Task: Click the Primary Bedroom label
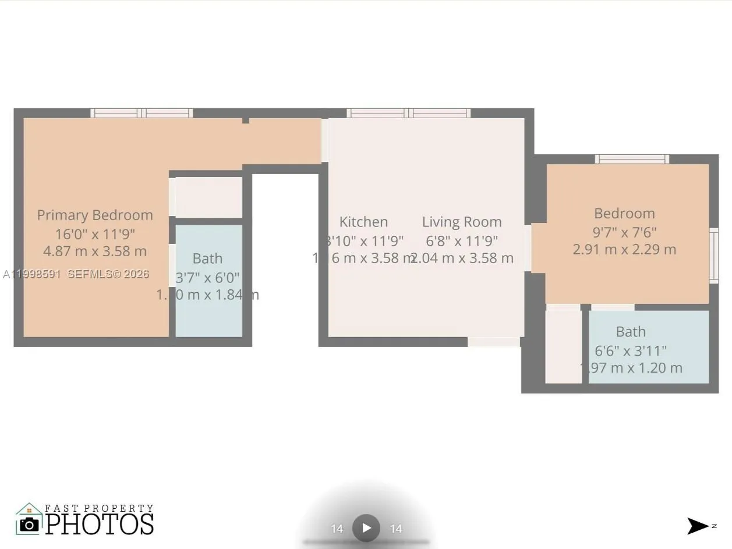(95, 215)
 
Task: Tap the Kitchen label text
(363, 222)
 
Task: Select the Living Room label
(462, 222)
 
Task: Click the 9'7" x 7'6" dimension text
(624, 232)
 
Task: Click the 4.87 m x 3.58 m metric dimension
(94, 252)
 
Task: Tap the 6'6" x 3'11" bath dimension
(631, 350)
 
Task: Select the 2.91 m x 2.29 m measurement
(624, 249)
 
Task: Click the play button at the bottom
(366, 528)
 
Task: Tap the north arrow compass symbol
(698, 526)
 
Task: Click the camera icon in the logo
(29, 523)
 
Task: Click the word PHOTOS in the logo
(100, 523)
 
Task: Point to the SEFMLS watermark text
(108, 274)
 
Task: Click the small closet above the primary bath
(208, 197)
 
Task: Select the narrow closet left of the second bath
(563, 346)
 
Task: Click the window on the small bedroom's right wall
(713, 256)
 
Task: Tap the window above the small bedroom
(631, 159)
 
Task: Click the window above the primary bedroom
(142, 113)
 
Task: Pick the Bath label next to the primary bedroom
(207, 258)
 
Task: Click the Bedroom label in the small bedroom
(624, 214)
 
